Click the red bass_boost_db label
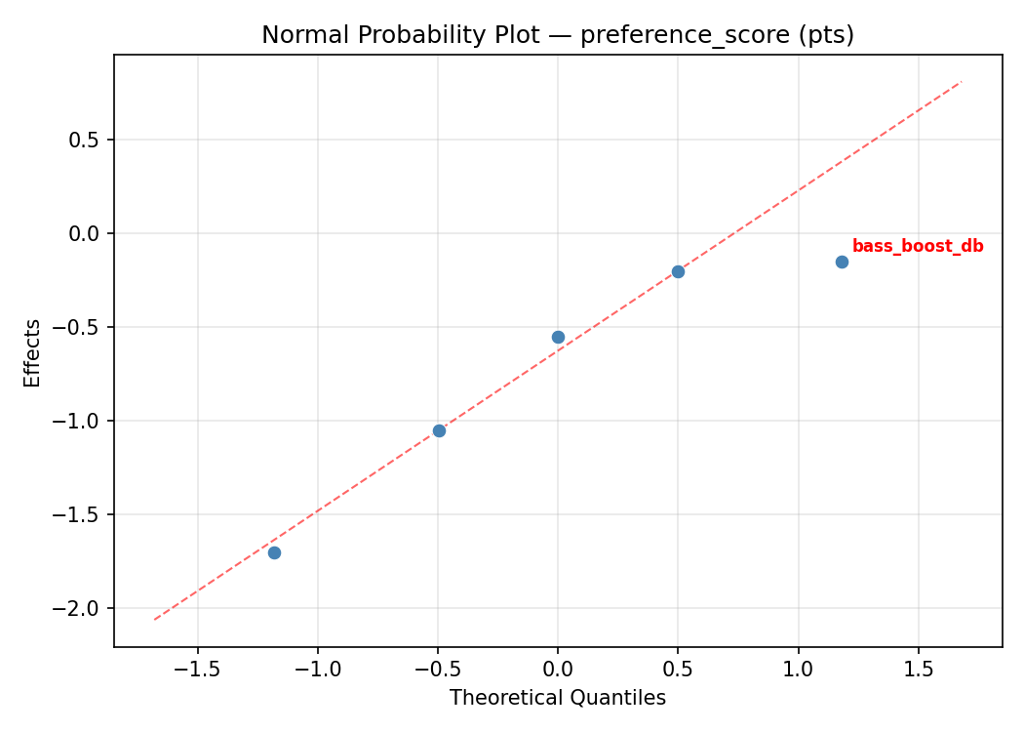918,247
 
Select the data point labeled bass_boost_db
842,262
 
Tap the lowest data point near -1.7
274,552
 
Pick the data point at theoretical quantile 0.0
558,337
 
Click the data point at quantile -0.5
439,430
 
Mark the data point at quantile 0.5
678,271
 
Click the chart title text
558,35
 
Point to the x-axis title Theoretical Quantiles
558,698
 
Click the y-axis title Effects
33,352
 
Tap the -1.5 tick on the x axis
197,671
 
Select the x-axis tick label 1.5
918,671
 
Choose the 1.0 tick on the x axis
798,671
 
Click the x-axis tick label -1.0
317,671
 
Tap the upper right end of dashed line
961,82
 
